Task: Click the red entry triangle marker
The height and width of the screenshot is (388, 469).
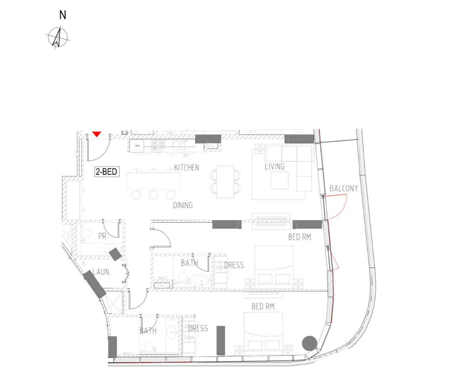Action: click(x=97, y=134)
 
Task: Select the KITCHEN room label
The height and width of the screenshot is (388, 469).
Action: click(x=187, y=167)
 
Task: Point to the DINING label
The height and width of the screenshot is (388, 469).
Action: click(x=183, y=205)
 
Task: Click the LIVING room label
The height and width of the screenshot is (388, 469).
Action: click(x=275, y=167)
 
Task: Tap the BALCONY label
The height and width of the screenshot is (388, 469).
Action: click(x=343, y=188)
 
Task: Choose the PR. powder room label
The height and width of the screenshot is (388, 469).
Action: click(x=103, y=236)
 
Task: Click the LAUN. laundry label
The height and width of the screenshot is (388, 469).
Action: click(x=101, y=272)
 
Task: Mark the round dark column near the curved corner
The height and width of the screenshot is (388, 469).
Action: click(x=309, y=343)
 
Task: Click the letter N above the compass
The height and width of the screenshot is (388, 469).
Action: click(x=63, y=15)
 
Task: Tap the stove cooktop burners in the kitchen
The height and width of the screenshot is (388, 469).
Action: click(x=158, y=146)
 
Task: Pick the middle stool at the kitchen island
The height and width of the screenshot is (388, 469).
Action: click(x=153, y=195)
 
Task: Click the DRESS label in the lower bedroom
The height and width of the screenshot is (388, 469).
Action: click(x=198, y=328)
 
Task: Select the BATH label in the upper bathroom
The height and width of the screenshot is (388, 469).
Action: click(x=189, y=263)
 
